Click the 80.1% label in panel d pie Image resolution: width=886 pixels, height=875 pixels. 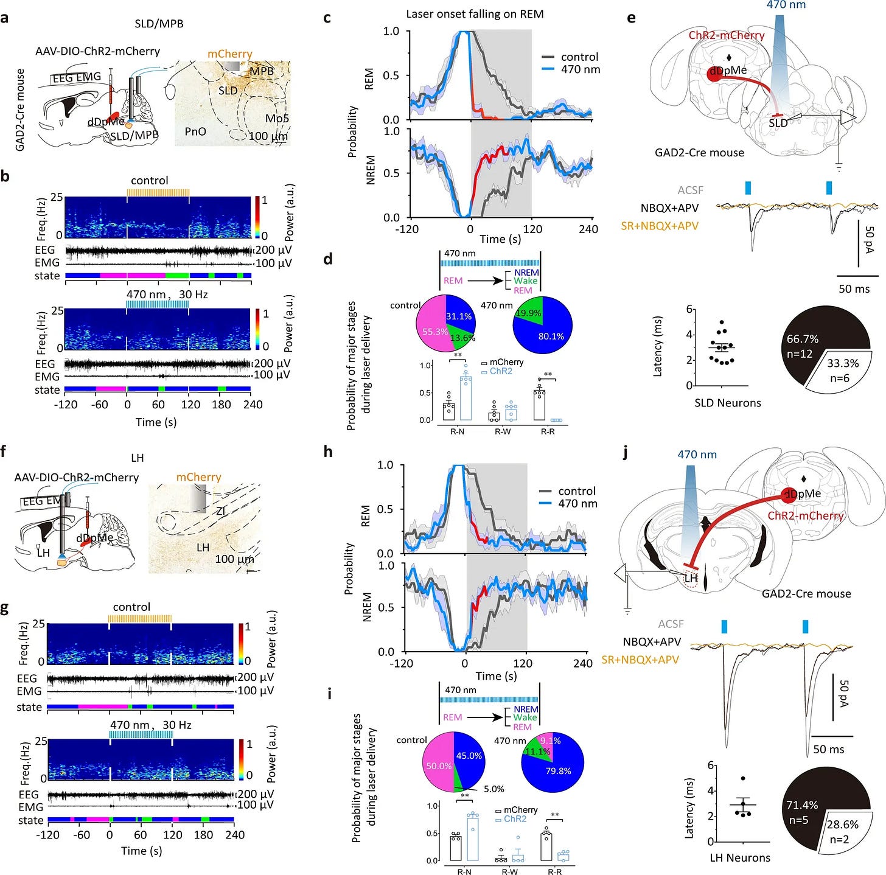point(551,336)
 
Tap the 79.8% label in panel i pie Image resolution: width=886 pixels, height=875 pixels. point(558,771)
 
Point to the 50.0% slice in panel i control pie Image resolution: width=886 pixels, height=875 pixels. point(439,766)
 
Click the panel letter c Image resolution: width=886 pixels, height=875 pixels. point(327,18)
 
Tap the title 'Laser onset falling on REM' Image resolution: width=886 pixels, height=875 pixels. point(475,14)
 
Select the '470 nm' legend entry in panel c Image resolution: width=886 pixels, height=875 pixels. point(580,69)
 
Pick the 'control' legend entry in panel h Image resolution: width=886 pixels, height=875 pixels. point(576,491)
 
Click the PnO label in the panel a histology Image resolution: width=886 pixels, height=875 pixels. point(195,131)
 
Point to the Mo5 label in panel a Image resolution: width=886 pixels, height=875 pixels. point(277,118)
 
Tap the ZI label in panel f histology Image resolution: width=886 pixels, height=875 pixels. point(221,512)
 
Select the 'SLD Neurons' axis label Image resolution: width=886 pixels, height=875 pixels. point(727,403)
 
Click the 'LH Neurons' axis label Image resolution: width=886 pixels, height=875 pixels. point(740,857)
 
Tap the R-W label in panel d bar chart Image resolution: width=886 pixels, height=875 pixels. point(503,431)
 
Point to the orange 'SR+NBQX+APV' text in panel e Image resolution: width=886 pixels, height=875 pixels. point(659,226)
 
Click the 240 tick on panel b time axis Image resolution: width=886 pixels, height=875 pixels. point(253,405)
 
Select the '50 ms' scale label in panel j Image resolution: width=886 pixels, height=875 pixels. point(828,749)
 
